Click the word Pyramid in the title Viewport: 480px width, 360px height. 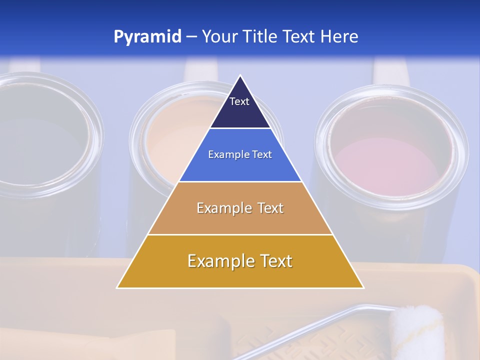[x=147, y=37]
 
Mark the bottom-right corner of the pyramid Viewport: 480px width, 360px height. [x=363, y=287]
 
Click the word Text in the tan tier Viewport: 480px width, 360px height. [x=270, y=208]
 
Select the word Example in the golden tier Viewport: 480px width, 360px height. [x=220, y=261]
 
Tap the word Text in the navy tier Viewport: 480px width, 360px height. [x=239, y=101]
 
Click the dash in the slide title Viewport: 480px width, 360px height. [x=191, y=37]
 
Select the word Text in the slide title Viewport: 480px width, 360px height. [x=299, y=36]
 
